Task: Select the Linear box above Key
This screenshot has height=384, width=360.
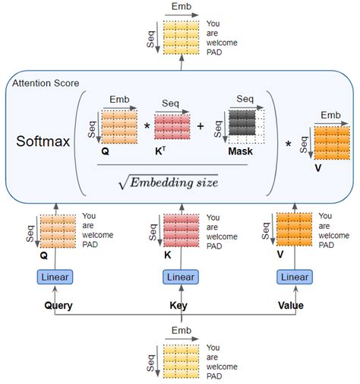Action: pyautogui.click(x=179, y=277)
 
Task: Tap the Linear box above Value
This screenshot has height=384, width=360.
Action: pyautogui.click(x=295, y=277)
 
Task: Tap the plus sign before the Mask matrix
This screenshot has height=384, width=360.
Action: pyautogui.click(x=201, y=126)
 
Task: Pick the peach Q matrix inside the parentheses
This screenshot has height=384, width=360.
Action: pyautogui.click(x=118, y=127)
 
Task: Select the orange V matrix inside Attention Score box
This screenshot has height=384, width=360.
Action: pyautogui.click(x=332, y=142)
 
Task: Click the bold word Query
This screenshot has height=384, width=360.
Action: pyautogui.click(x=58, y=306)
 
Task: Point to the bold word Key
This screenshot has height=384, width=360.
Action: pyautogui.click(x=179, y=306)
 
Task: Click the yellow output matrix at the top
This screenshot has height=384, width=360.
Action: pyautogui.click(x=180, y=37)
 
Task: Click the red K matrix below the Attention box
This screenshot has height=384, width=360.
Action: pyautogui.click(x=180, y=230)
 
